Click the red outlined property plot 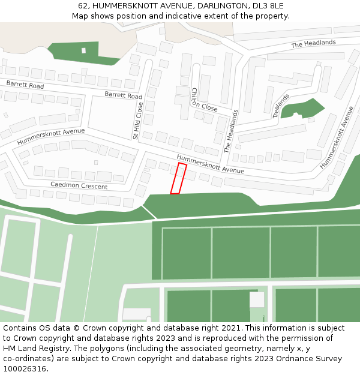click(x=178, y=178)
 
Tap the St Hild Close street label click(x=138, y=121)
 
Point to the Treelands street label click(x=281, y=106)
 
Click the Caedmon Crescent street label click(x=79, y=185)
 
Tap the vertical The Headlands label click(x=231, y=131)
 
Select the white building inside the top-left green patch click(x=83, y=50)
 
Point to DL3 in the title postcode click(x=253, y=5)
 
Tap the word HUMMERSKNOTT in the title click(x=122, y=5)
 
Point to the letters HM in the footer click(x=10, y=349)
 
